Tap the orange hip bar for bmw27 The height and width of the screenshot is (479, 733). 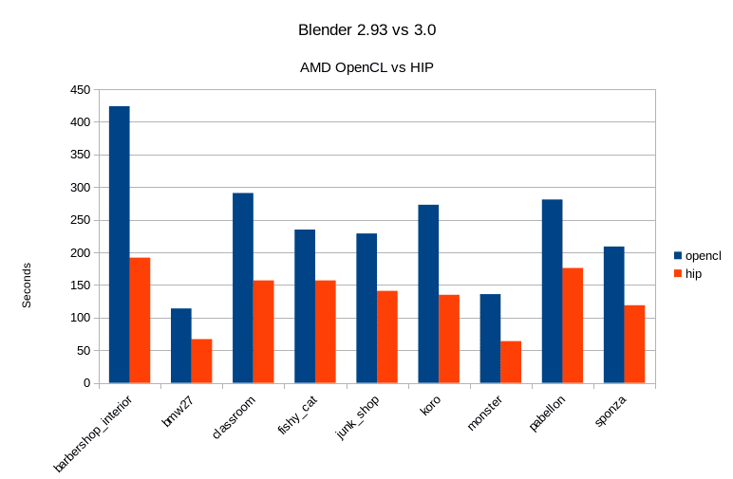tap(201, 361)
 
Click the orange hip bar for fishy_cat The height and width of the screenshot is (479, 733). tap(325, 332)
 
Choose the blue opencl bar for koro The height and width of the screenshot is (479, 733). tap(428, 294)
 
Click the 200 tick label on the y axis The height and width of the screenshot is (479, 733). tap(79, 253)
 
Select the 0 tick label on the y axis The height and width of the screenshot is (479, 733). tap(85, 383)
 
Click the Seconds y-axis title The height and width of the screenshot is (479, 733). tap(27, 285)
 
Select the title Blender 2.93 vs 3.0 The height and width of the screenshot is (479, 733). tap(366, 30)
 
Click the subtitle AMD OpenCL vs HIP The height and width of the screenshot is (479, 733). tap(366, 67)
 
